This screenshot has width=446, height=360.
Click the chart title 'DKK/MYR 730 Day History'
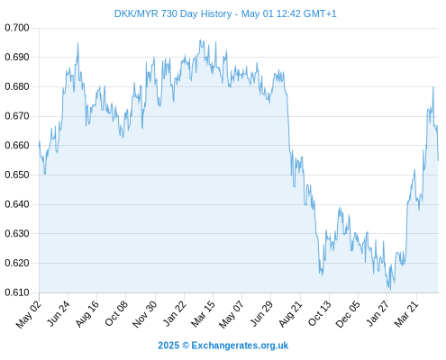(173, 13)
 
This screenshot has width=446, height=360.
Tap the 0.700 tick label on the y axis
(17, 28)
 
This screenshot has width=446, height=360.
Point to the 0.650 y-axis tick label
(17, 175)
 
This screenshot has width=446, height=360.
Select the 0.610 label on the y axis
(17, 292)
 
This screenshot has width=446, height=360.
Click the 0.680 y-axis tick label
(17, 86)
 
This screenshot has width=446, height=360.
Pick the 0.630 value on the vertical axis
(17, 234)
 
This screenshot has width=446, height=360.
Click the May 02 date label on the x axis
(29, 314)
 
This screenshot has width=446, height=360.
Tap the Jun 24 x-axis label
(59, 313)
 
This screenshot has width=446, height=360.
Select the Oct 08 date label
(116, 313)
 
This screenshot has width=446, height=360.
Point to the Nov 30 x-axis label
(145, 314)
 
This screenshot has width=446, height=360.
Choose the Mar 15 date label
(203, 314)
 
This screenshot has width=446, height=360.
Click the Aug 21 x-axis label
(290, 314)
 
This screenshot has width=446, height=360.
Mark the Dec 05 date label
(348, 314)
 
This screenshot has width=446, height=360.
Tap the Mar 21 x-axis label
(406, 314)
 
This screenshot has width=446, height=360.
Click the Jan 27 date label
(378, 314)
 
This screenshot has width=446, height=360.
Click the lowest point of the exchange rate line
(390, 290)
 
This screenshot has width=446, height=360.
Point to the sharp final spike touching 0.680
(433, 87)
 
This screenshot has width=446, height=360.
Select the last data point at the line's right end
(438, 161)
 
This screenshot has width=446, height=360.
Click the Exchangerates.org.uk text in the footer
(240, 346)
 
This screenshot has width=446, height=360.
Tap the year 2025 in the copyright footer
(168, 346)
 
